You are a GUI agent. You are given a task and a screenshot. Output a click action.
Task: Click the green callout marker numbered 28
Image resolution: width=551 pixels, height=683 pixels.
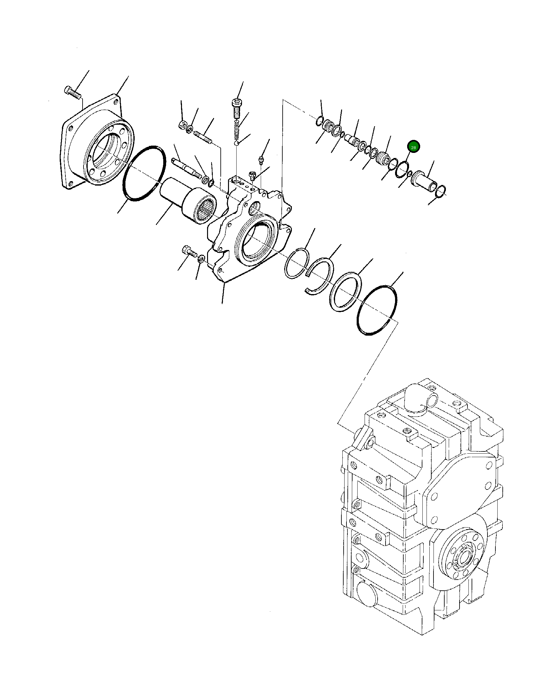click(x=413, y=147)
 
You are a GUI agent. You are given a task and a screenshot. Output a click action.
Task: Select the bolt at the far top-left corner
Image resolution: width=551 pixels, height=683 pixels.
click(x=73, y=93)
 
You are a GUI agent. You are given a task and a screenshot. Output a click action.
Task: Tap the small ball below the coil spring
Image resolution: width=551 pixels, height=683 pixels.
click(x=237, y=144)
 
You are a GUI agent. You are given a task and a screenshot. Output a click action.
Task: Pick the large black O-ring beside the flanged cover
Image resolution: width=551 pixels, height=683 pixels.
click(x=144, y=174)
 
